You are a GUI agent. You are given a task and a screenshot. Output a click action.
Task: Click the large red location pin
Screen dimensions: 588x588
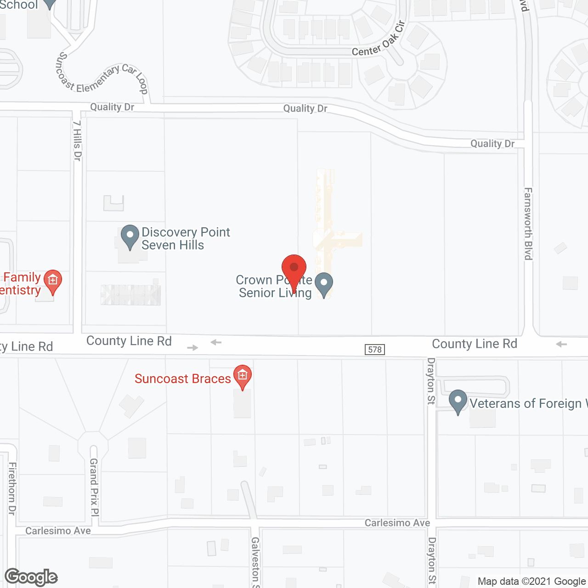click(294, 269)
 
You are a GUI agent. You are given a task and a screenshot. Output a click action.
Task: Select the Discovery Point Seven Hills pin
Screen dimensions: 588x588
click(130, 235)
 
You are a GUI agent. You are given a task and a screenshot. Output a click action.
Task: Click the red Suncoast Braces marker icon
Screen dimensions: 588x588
click(243, 376)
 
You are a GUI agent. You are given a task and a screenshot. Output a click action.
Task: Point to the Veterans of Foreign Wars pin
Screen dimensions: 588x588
click(458, 401)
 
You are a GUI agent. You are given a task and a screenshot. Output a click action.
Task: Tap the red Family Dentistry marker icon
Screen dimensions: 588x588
click(53, 280)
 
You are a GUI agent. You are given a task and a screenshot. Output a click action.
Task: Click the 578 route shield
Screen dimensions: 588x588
click(375, 350)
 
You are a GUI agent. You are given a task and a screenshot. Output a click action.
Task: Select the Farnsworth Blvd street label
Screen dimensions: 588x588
click(528, 224)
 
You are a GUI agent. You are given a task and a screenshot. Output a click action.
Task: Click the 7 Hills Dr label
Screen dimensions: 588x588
click(77, 141)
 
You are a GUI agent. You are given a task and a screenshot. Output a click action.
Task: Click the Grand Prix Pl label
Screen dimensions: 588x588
click(94, 487)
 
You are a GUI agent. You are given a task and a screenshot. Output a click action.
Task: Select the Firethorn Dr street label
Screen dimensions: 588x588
click(12, 488)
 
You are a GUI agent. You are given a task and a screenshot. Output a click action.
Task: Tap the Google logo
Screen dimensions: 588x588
click(31, 577)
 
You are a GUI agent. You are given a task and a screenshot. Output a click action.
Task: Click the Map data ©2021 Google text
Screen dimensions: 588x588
click(531, 582)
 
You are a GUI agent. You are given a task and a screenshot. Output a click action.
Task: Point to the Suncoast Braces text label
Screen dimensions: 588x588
click(182, 379)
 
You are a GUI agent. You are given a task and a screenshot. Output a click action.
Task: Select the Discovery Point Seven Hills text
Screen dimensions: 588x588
click(186, 238)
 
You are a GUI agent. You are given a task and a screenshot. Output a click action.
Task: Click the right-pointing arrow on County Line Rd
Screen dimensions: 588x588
click(192, 348)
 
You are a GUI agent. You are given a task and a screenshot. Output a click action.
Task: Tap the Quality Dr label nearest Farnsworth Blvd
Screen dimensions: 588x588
click(492, 144)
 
